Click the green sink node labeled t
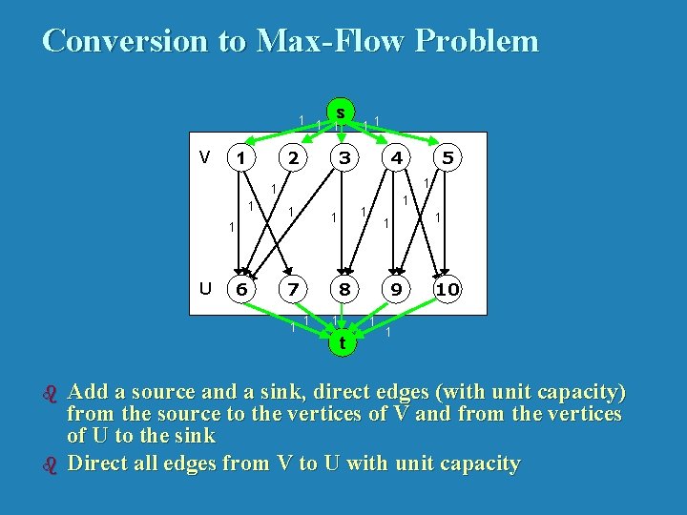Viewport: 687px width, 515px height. click(341, 340)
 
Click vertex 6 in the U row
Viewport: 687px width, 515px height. click(243, 289)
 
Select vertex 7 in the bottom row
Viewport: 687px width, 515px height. click(295, 289)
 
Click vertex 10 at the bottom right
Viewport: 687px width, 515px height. click(446, 289)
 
